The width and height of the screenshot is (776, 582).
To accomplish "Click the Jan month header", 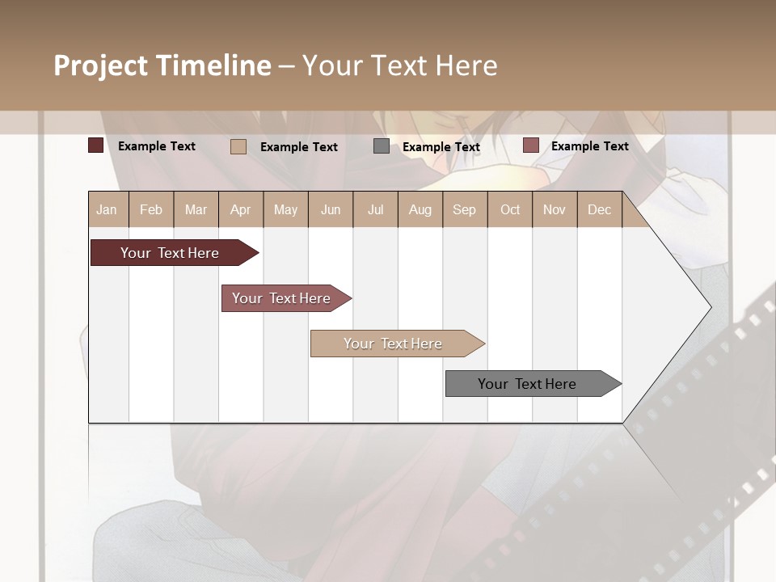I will tap(107, 210).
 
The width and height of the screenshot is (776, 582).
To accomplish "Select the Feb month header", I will tap(151, 210).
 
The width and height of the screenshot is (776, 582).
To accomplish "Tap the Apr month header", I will tap(240, 210).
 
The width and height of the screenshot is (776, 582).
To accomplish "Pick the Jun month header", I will tap(331, 210).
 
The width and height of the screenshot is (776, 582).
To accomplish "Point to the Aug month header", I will tap(420, 210).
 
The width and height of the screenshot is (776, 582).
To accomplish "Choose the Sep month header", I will tap(464, 210).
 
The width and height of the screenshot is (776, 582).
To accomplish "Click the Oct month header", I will tap(510, 210).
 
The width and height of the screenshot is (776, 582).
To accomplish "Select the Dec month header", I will tap(599, 210).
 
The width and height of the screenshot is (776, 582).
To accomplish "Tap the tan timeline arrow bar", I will tap(394, 344).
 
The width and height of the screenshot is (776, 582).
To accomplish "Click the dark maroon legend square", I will tap(95, 145).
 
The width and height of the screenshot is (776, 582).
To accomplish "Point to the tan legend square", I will tap(238, 146).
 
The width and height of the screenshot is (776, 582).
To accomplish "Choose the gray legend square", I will tap(382, 146).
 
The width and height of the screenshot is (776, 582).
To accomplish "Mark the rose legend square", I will tap(530, 145).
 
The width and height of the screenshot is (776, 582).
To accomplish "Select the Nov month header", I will tap(554, 210).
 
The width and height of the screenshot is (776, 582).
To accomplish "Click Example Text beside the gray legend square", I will tap(441, 147).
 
